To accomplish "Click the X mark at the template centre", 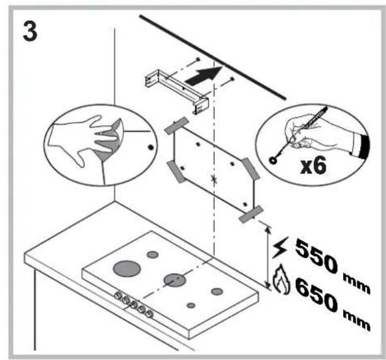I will (x=213, y=180).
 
